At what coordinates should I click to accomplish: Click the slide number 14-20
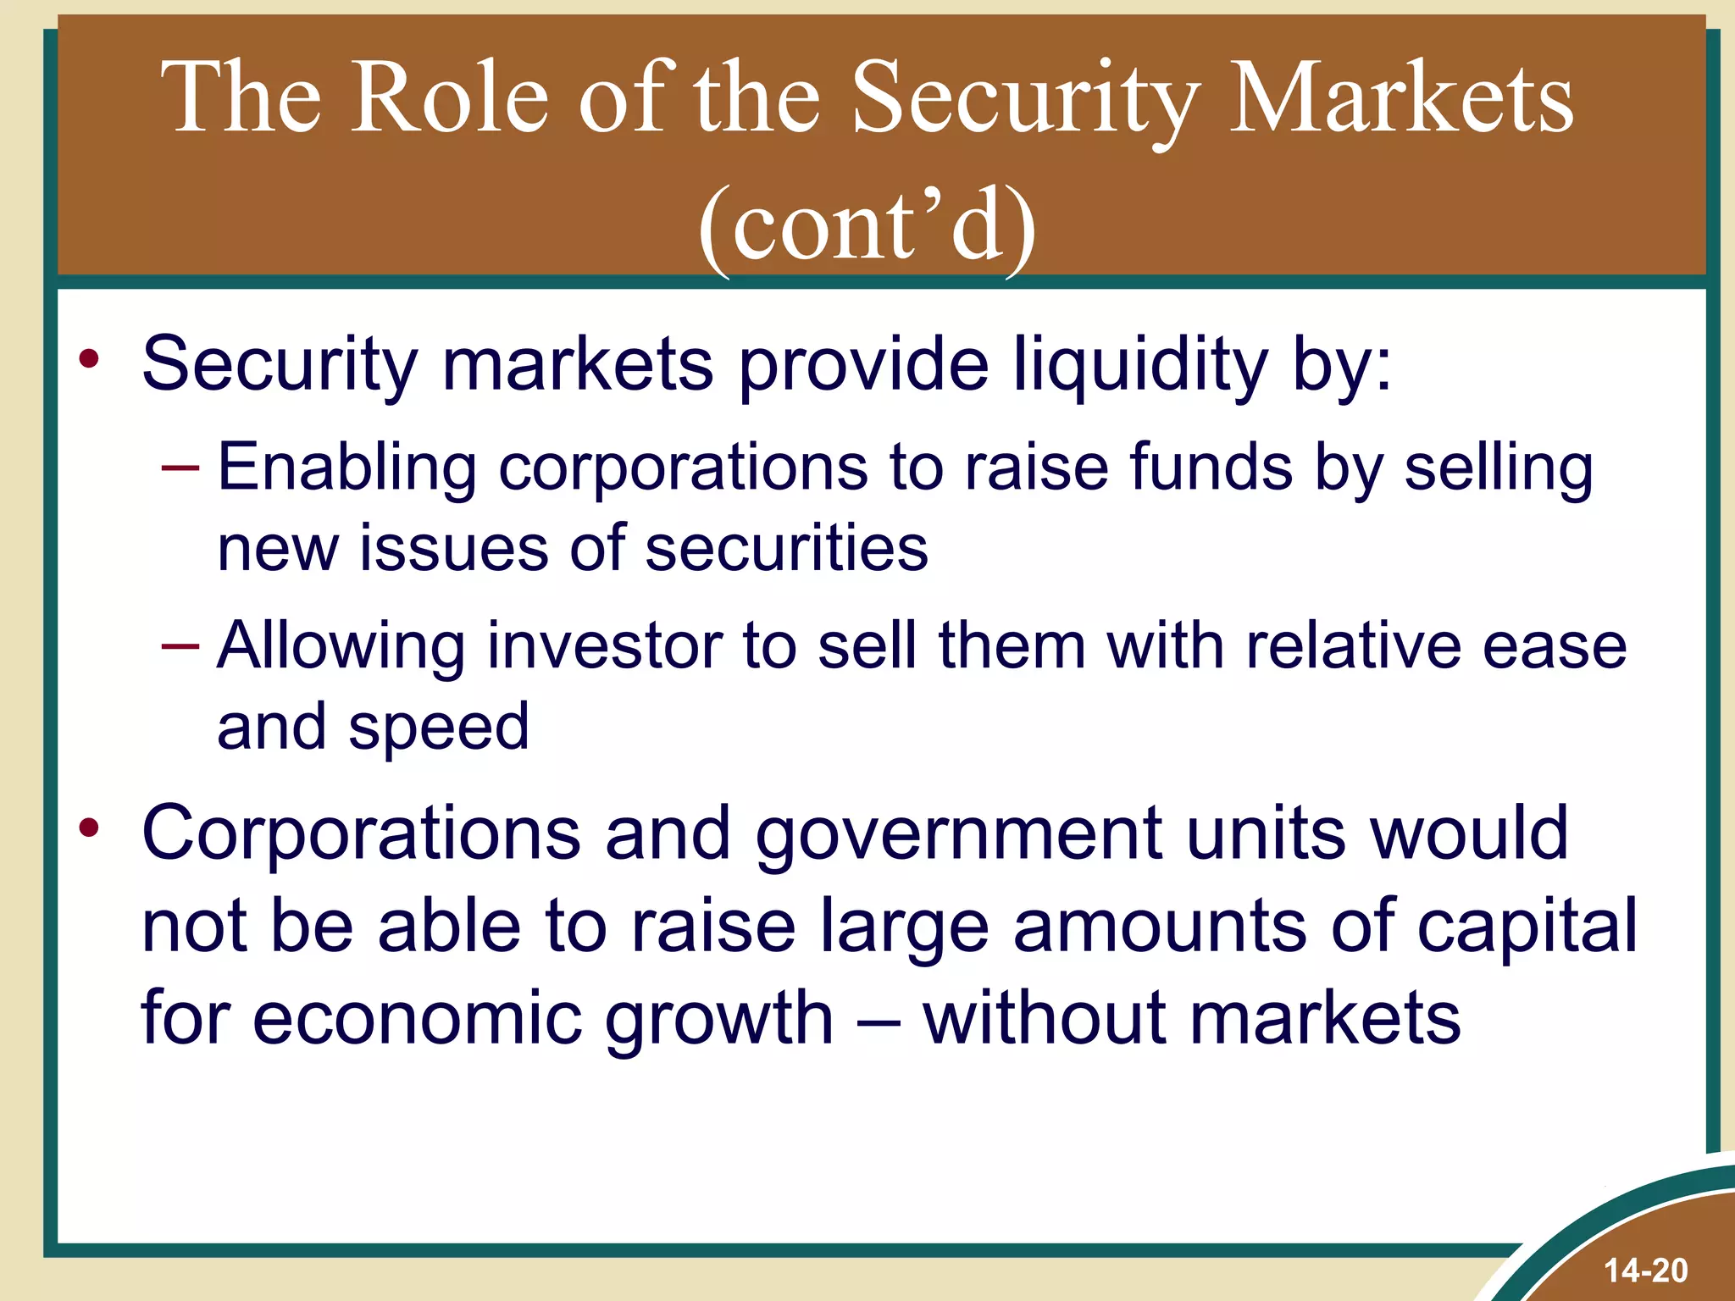point(1645,1271)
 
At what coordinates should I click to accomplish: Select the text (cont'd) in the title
point(867,227)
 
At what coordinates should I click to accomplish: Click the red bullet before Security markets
point(89,359)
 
